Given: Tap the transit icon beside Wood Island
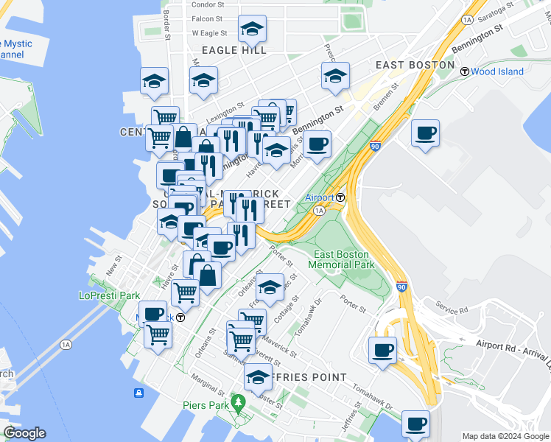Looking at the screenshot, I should pos(465,71).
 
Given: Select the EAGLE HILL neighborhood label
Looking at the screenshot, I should pos(234,50).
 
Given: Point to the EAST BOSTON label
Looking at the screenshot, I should pos(415,65).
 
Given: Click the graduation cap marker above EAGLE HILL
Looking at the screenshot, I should pos(253,29).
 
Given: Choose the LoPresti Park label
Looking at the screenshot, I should pos(109,295).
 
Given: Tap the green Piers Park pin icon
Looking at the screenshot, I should pos(237,402).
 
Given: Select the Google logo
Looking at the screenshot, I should pos(24,434).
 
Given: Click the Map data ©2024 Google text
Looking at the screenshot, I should pos(505,435).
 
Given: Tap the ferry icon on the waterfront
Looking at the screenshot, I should pos(138,393).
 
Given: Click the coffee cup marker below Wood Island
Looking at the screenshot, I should pos(425,134).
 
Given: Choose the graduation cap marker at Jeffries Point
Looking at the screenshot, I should pos(258,377).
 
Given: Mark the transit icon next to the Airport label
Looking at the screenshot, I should pos(341,197).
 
